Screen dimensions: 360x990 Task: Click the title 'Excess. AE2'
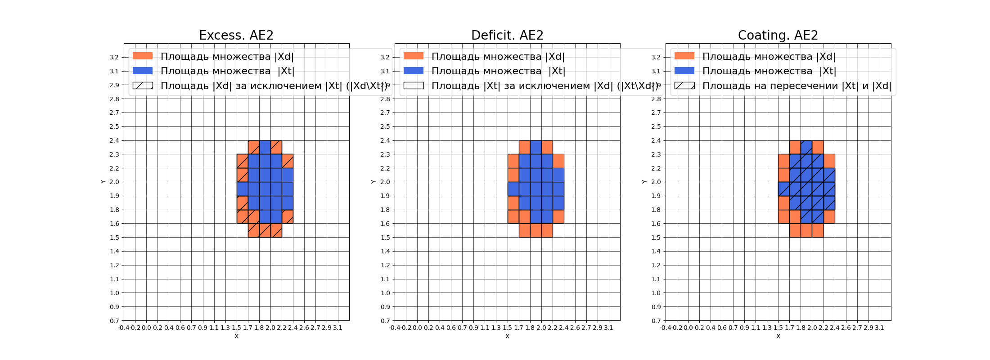(x=236, y=35)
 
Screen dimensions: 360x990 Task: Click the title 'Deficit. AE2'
(x=507, y=35)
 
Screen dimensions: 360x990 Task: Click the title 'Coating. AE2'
(x=778, y=35)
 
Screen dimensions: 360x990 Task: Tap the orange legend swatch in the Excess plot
(x=143, y=56)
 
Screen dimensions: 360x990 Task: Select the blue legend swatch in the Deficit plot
(x=414, y=71)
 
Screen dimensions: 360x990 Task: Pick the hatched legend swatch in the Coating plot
(x=684, y=85)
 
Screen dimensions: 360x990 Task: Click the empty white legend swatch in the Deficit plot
(x=414, y=85)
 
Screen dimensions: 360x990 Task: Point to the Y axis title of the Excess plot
(x=103, y=182)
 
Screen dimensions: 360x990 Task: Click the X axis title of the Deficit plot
(x=507, y=336)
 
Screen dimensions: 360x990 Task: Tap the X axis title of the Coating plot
(x=778, y=336)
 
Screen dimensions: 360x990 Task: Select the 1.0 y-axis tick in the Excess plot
(x=114, y=293)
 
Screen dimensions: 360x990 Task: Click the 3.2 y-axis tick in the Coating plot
(x=656, y=57)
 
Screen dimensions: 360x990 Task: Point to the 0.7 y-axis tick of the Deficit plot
(x=385, y=321)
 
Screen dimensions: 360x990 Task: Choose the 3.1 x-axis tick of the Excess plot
(x=337, y=328)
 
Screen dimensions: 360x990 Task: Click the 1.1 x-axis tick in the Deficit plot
(x=485, y=328)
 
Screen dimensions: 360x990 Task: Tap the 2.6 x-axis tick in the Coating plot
(x=846, y=328)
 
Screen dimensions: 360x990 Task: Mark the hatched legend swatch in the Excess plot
(x=143, y=85)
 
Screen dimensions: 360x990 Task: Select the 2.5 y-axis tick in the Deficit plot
(x=385, y=126)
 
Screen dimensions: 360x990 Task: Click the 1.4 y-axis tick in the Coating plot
(x=656, y=252)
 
